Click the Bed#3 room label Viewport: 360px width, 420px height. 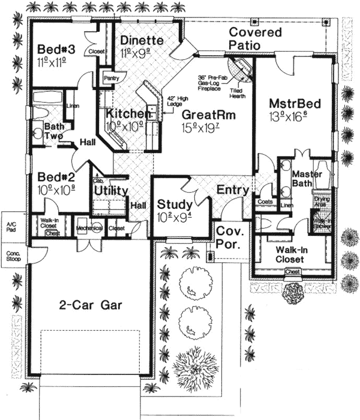tap(55, 49)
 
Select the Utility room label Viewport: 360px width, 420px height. tap(111, 191)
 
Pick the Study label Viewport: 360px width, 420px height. tap(175, 203)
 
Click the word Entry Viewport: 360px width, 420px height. tap(233, 190)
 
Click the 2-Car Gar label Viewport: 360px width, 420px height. tap(92, 304)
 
